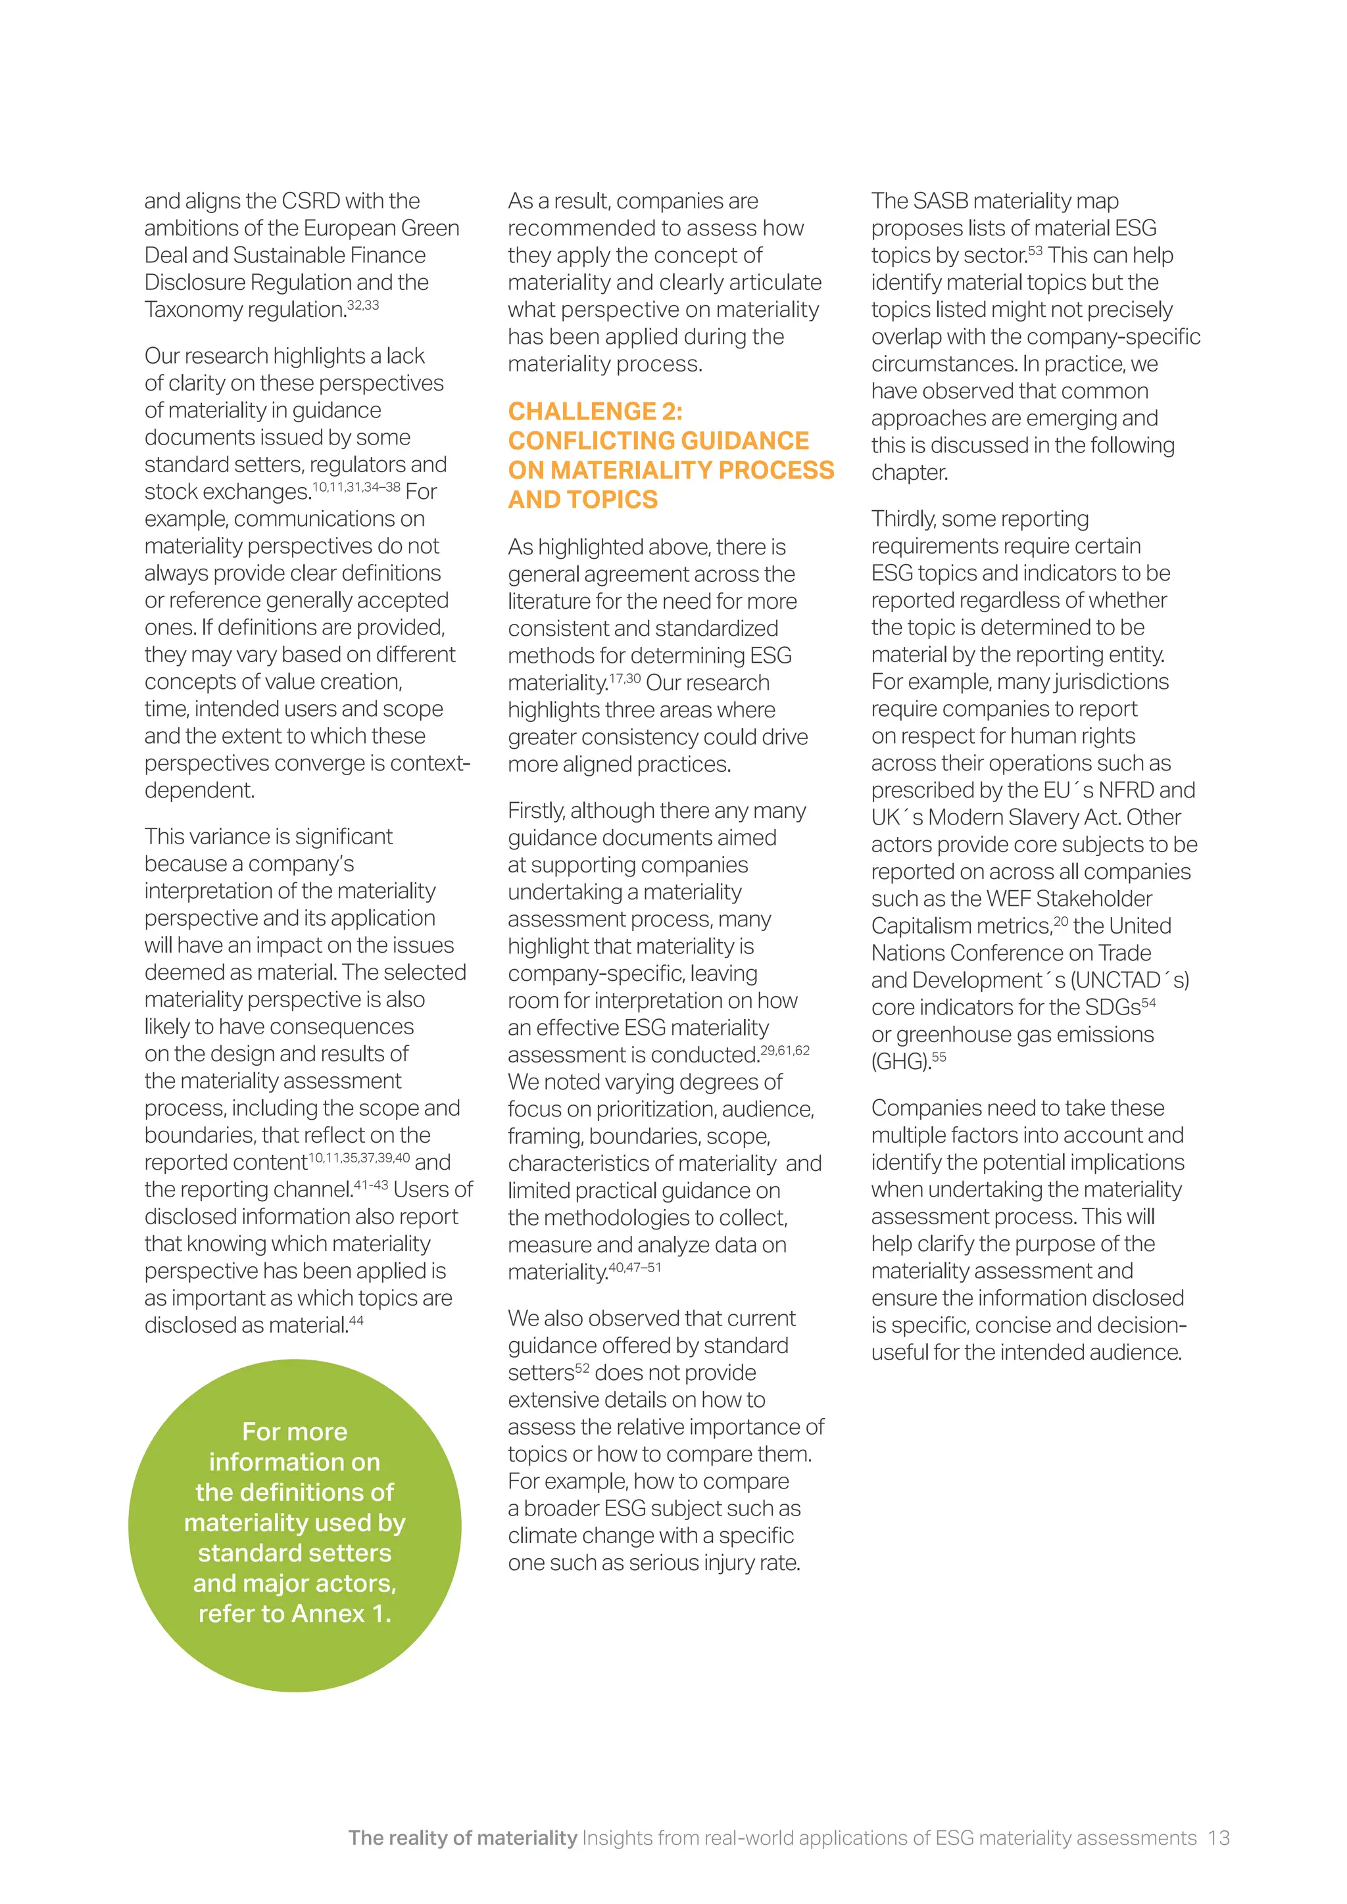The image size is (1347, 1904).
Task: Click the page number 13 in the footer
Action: [1217, 1838]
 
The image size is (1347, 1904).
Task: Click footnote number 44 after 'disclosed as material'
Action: [356, 1320]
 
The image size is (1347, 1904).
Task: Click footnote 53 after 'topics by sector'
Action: [1035, 250]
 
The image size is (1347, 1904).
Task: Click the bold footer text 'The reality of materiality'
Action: [462, 1838]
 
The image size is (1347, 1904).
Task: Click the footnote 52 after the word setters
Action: [582, 1368]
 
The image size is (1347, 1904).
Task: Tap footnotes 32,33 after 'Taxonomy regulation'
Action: [363, 305]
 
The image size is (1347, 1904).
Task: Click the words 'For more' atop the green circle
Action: [295, 1431]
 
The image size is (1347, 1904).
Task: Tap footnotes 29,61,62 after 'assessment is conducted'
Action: [785, 1051]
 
